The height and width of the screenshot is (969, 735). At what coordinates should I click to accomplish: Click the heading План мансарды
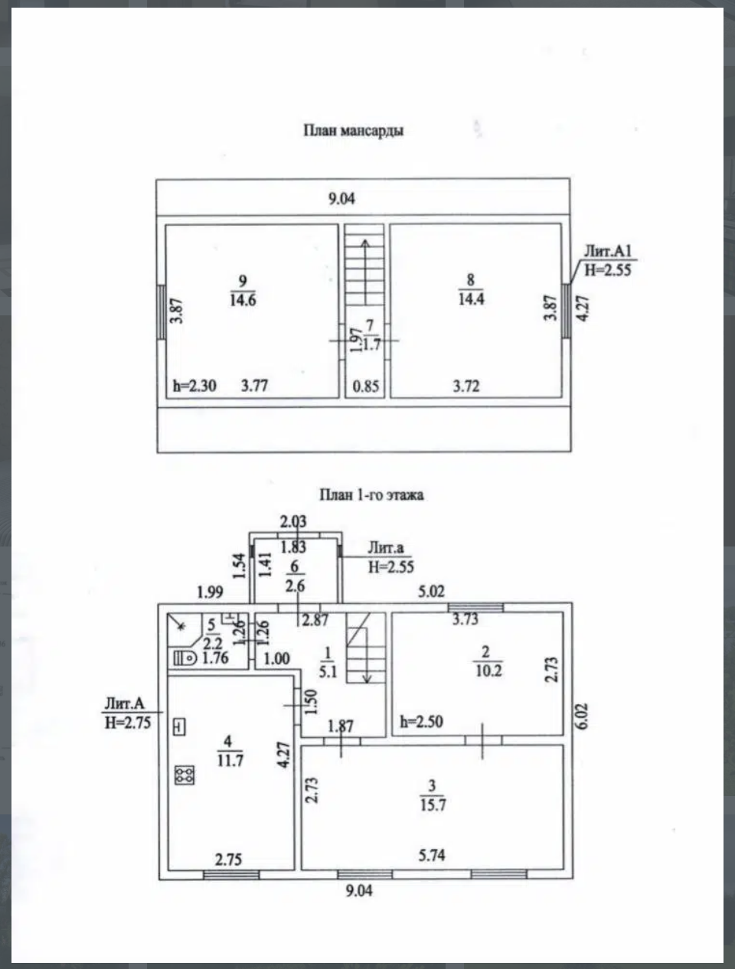click(354, 130)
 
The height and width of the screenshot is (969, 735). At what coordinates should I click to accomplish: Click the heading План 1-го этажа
click(371, 494)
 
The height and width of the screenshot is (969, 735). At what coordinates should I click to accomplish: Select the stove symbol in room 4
click(185, 775)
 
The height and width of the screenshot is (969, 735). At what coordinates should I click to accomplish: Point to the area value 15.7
click(433, 804)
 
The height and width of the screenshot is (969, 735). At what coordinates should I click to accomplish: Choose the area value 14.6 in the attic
click(242, 300)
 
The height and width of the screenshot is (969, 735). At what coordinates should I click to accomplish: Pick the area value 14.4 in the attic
click(470, 299)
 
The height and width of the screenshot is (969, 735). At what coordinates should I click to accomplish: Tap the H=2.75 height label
click(128, 721)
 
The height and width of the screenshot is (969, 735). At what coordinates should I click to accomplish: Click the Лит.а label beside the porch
click(385, 548)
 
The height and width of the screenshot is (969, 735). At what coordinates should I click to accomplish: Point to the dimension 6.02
click(583, 713)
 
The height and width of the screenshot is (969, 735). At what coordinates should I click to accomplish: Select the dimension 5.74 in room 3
click(432, 855)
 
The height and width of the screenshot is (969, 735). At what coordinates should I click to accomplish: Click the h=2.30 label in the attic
click(194, 385)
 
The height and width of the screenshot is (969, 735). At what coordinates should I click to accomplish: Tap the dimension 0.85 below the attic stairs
click(365, 386)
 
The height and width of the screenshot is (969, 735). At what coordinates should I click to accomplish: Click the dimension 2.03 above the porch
click(292, 522)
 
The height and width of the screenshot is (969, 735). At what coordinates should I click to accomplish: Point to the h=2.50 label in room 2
click(421, 722)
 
